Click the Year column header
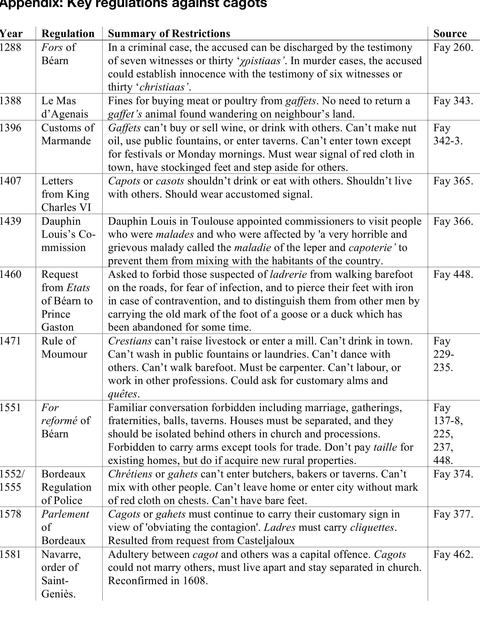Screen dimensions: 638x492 11,34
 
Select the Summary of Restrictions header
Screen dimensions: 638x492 169,34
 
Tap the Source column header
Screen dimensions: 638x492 450,34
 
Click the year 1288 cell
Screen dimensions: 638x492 11,47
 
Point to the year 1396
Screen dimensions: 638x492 11,128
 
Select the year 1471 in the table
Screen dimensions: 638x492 11,341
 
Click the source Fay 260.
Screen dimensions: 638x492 453,47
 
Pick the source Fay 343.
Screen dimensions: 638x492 453,101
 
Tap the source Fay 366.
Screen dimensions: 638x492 453,221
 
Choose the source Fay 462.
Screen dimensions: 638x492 453,554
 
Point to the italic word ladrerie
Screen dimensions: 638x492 288,274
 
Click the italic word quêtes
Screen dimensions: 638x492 122,394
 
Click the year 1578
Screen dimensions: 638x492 11,514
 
